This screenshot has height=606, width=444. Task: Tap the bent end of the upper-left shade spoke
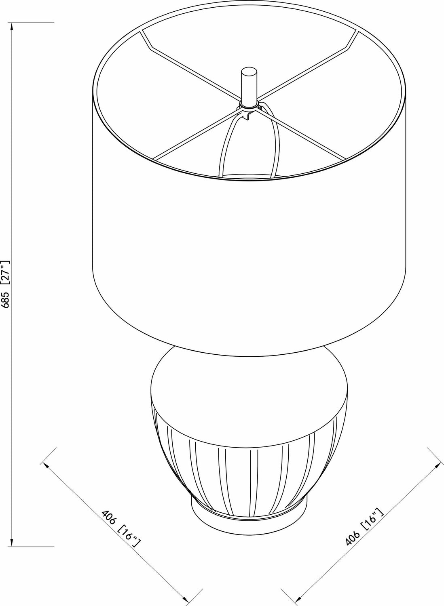[x=146, y=40]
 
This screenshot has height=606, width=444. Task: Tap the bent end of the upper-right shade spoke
[x=352, y=40]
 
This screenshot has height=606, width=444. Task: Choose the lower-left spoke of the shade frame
[x=194, y=133]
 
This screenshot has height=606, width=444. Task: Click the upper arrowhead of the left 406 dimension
[x=47, y=465]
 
